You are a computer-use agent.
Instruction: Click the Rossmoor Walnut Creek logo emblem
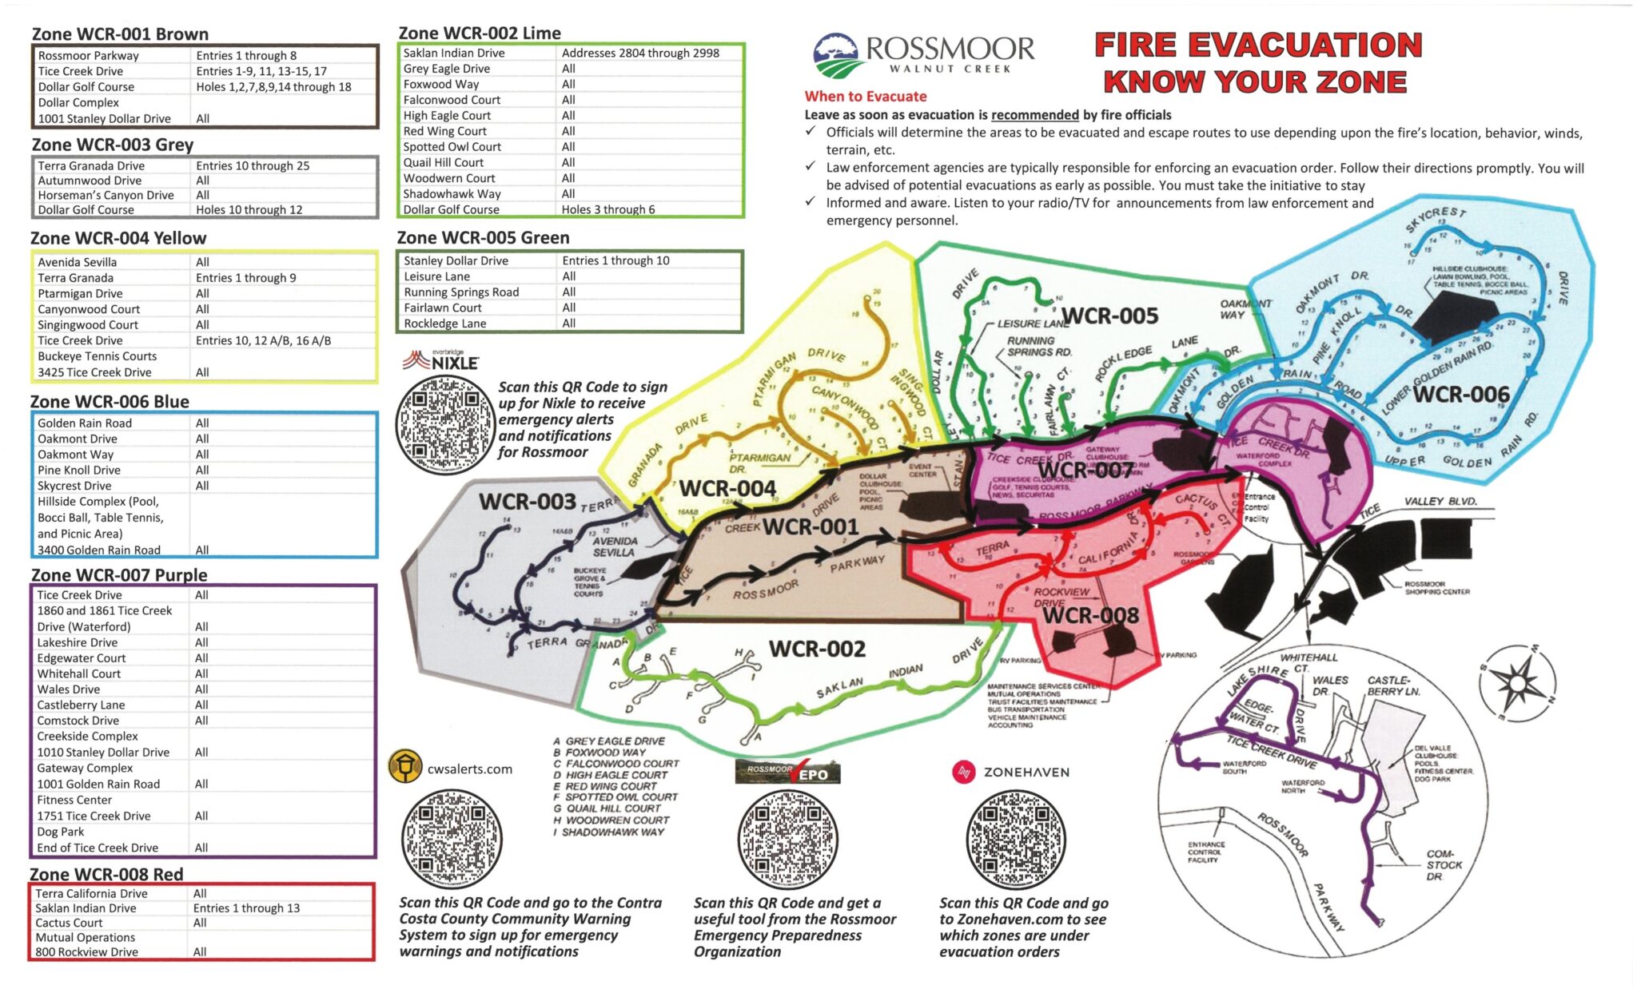(x=835, y=56)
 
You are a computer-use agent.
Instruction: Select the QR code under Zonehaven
(x=1016, y=840)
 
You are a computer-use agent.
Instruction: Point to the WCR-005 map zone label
(x=1109, y=316)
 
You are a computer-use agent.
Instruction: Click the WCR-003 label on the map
(x=527, y=502)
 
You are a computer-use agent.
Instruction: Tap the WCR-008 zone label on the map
(x=1090, y=615)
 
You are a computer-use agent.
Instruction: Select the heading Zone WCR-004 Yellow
(x=118, y=238)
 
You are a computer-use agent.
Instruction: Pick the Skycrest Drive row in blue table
(x=74, y=486)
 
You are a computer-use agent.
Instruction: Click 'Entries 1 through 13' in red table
(x=246, y=908)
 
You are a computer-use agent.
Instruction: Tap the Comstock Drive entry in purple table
(x=78, y=721)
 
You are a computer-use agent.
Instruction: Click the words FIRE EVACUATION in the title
(x=1257, y=46)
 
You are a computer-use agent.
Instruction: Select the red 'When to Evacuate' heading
(x=865, y=97)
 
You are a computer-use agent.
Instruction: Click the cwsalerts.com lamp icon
(x=404, y=767)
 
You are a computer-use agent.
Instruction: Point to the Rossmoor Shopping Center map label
(x=1436, y=588)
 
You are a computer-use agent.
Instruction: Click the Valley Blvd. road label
(x=1440, y=502)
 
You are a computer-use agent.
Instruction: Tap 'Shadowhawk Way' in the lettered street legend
(x=612, y=832)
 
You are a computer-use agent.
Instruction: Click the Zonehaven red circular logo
(x=964, y=773)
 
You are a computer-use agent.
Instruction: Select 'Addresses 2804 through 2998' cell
(x=639, y=53)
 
